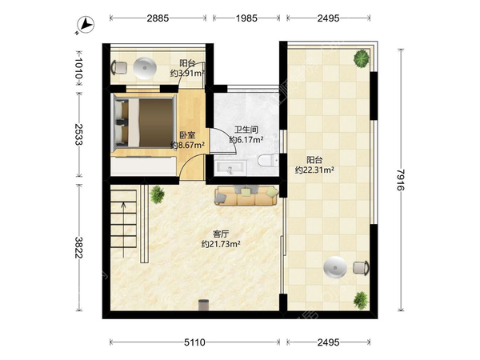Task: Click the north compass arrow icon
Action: pos(86,25)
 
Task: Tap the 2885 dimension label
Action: pos(158,18)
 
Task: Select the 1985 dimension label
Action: pos(246,18)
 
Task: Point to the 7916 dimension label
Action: pos(401,180)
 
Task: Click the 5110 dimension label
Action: pos(194,342)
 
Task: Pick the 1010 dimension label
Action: pos(78,68)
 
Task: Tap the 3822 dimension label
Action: pos(78,247)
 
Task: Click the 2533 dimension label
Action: pos(78,134)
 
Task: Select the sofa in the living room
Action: pos(246,195)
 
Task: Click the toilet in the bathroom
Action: pos(268,160)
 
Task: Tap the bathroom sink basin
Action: pos(230,167)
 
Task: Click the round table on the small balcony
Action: pos(145,68)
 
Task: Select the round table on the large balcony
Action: pos(335,267)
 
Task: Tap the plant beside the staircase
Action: pos(158,194)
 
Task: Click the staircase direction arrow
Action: pos(123,230)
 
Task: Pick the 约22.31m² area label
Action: pos(314,170)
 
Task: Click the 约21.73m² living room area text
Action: pos(221,244)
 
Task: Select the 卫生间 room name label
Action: pos(246,130)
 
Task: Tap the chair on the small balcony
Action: pos(119,68)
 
